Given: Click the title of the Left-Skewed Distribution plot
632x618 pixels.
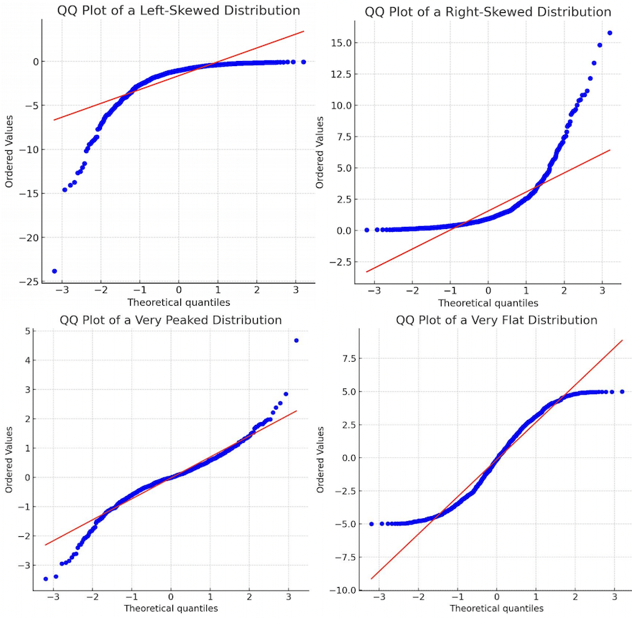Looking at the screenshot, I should coord(178,10).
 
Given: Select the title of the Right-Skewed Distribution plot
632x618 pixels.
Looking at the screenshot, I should coord(488,11).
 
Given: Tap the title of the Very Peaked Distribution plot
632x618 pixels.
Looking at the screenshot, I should coord(170,319).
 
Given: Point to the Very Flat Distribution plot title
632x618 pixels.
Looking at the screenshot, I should coord(496,319).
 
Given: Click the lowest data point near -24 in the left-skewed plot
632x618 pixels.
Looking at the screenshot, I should coord(55,271).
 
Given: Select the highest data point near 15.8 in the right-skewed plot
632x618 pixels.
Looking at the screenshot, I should coord(610,33).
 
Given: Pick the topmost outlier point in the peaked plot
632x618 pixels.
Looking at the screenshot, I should coord(297,340).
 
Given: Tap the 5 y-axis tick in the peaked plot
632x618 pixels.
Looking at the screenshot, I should coord(27,331).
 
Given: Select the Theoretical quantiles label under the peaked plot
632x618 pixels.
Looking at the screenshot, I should coord(170,608).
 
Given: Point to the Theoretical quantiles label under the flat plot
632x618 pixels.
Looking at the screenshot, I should coord(496,609).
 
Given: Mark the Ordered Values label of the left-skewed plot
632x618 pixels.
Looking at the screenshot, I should coord(9,153).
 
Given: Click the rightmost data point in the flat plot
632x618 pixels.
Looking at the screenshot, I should coord(622,392).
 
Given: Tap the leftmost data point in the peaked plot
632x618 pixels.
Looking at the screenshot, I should coord(46,579).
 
